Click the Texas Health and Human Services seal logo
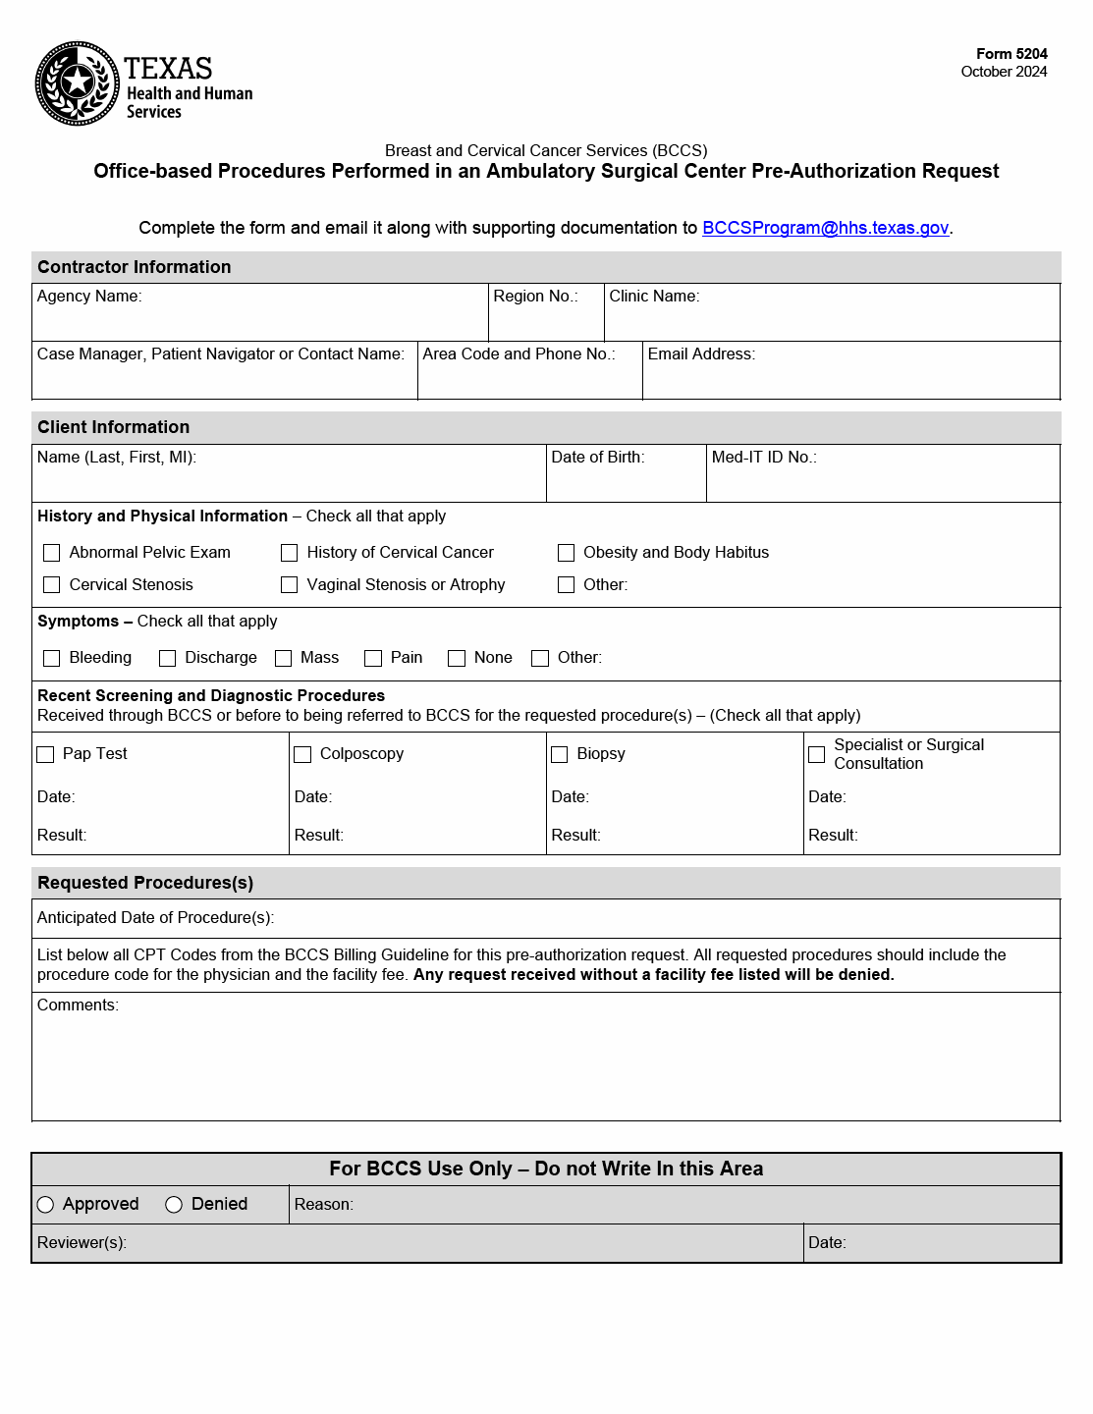point(78,83)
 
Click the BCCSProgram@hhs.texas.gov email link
point(825,228)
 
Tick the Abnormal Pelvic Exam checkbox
point(52,553)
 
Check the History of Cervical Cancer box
point(290,553)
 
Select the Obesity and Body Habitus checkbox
point(567,553)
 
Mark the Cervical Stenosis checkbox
point(52,585)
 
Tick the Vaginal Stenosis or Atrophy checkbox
point(290,585)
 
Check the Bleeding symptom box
point(52,658)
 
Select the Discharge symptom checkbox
point(168,658)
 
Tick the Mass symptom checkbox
point(284,658)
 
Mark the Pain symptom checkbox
point(373,658)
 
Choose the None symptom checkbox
point(457,658)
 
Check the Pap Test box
point(45,754)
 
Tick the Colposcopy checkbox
point(302,754)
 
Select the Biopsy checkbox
point(560,754)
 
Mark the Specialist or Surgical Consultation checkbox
point(817,754)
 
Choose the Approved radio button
point(45,1205)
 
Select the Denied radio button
point(174,1205)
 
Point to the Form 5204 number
point(1011,54)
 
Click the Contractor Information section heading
point(135,267)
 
